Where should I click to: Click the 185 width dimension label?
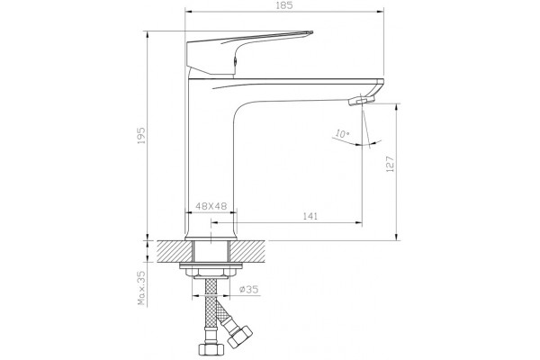pos(284,5)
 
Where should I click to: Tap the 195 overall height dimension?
pos(141,135)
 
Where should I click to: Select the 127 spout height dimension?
pos(390,164)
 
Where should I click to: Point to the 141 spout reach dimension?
pos(310,216)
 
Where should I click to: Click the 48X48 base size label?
pos(211,206)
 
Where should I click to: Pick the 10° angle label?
pos(342,134)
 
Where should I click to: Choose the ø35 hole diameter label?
pos(249,290)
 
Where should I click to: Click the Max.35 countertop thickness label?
pos(141,288)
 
